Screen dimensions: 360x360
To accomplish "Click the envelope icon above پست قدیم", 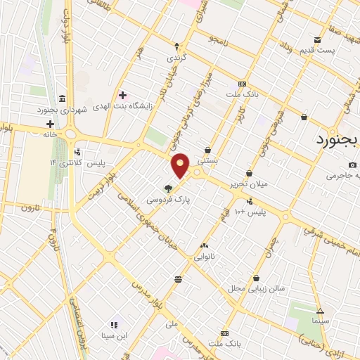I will (317, 39).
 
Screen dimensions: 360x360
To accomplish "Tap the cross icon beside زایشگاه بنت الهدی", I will (123, 95).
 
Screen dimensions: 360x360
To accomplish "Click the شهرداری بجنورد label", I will (63, 110).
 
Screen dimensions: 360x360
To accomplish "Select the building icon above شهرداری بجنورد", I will (63, 98).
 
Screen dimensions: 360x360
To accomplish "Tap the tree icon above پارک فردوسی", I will (168, 188).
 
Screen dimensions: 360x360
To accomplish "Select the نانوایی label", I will (204, 257).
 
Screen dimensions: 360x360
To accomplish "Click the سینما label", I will (320, 321).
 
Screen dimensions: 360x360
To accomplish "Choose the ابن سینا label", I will (112, 335).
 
